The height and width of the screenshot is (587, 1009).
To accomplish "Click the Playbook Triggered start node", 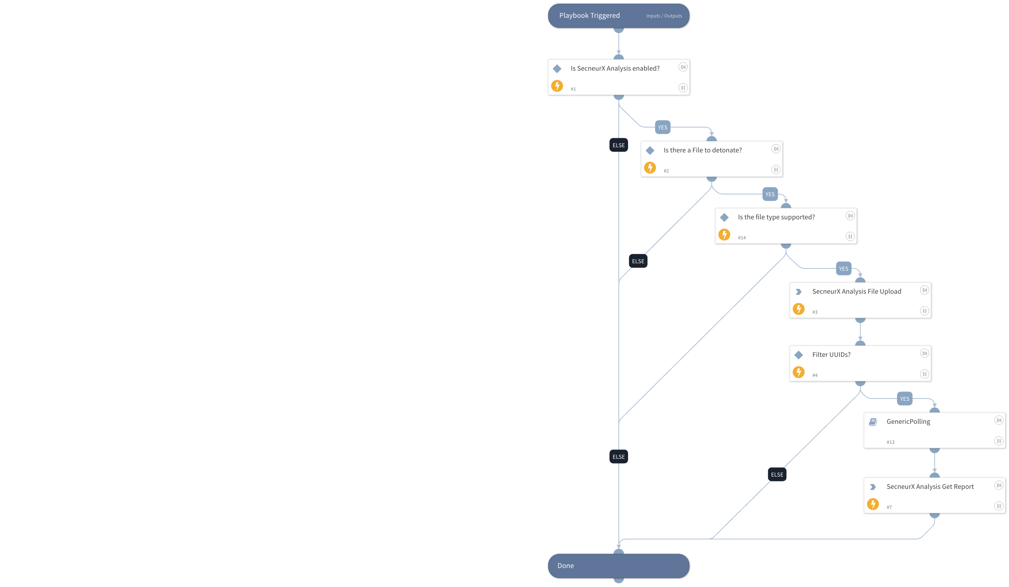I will [x=589, y=16].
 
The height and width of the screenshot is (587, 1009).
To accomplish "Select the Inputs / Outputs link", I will [x=663, y=16].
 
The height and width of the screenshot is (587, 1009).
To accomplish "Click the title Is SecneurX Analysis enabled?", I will [x=615, y=68].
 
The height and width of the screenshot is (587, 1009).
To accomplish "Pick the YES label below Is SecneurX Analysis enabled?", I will [x=662, y=128].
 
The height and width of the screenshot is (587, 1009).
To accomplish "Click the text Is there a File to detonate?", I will [x=702, y=150].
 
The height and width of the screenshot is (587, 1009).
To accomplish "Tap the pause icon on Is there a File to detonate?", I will [x=775, y=170].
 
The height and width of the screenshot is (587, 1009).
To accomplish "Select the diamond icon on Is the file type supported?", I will [x=724, y=217].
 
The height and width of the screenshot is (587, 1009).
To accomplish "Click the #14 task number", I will [x=741, y=238].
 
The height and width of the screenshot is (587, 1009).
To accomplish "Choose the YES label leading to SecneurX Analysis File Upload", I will [x=843, y=269].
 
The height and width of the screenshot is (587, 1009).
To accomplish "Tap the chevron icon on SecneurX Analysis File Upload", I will [x=798, y=292].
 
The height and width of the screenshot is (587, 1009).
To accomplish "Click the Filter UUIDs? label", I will [x=831, y=355].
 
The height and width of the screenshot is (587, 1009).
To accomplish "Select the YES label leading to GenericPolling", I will [x=904, y=399].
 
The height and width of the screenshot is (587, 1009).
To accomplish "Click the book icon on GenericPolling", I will [x=873, y=422].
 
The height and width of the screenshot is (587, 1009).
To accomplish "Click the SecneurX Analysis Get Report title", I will [x=930, y=487].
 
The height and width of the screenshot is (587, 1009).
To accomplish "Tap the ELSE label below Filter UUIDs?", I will [x=776, y=474].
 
